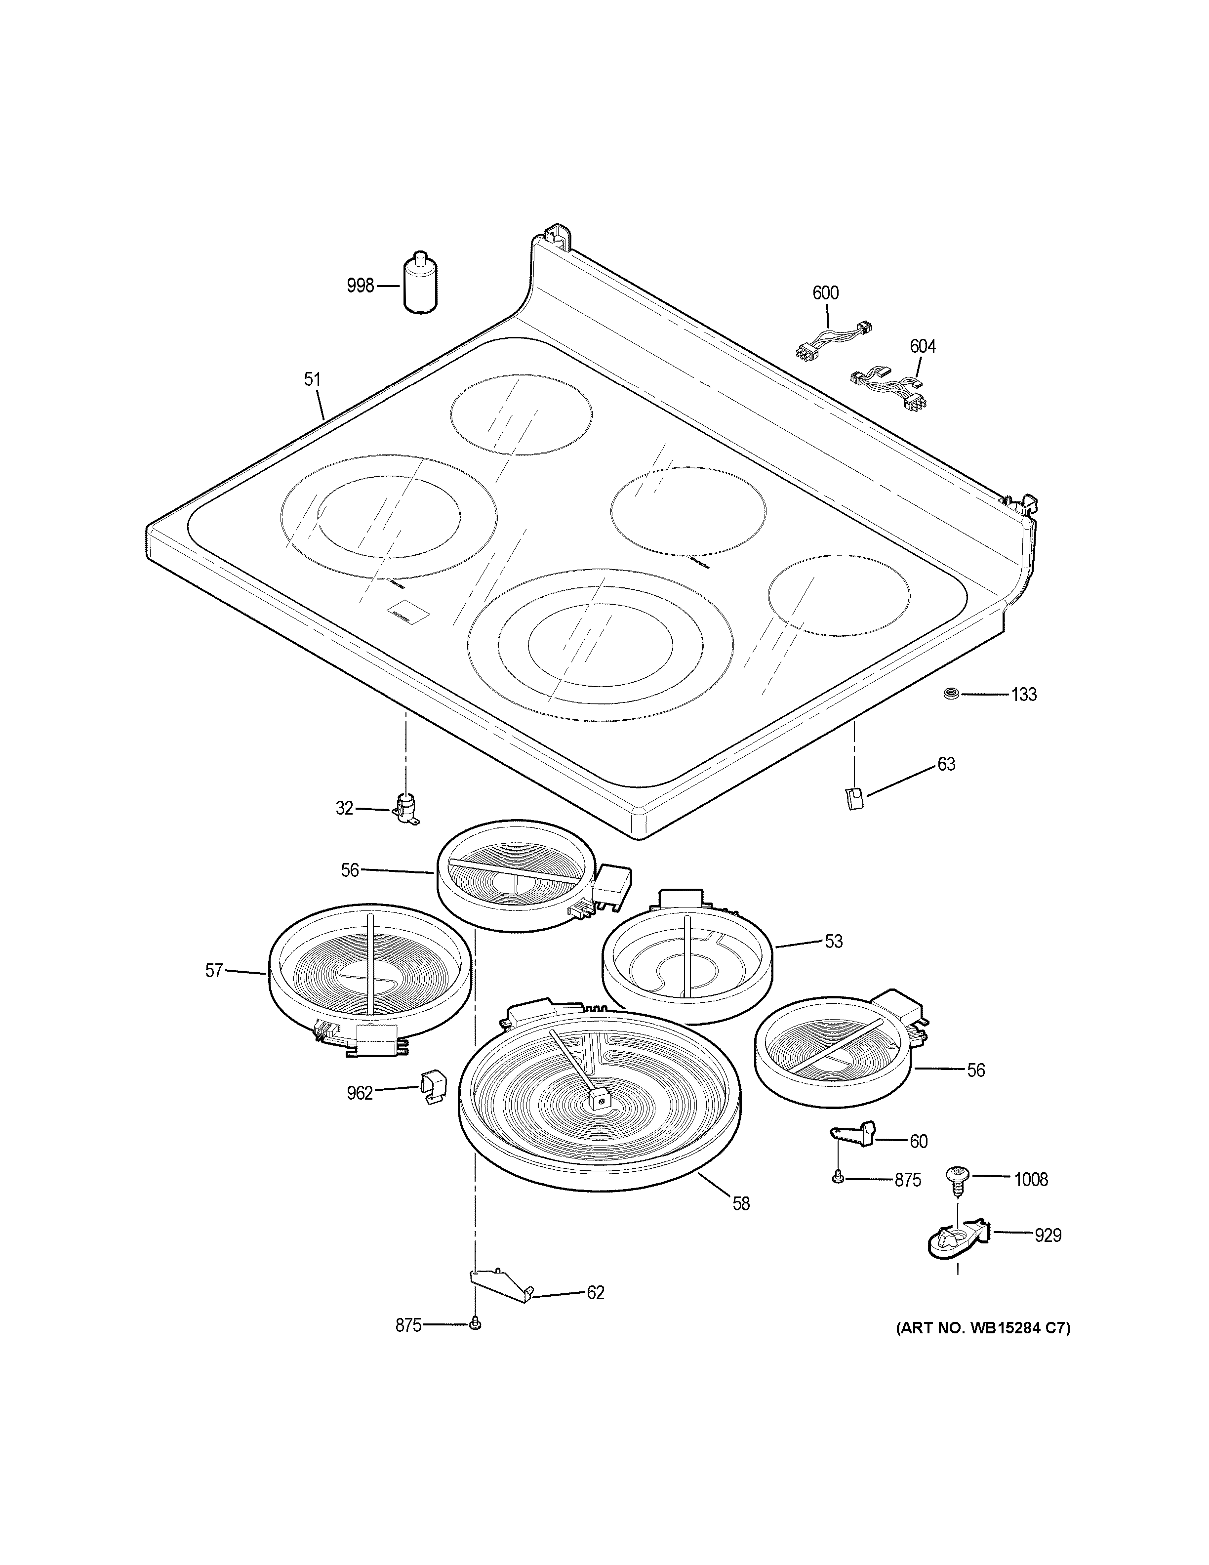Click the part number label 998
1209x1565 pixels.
click(360, 286)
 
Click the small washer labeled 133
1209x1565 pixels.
click(952, 693)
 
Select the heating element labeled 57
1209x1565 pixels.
click(369, 975)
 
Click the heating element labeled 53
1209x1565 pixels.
click(687, 961)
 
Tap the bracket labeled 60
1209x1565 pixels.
click(853, 1133)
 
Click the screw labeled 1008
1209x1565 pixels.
click(957, 1179)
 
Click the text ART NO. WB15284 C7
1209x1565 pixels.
click(983, 1328)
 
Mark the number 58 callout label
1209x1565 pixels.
click(741, 1204)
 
